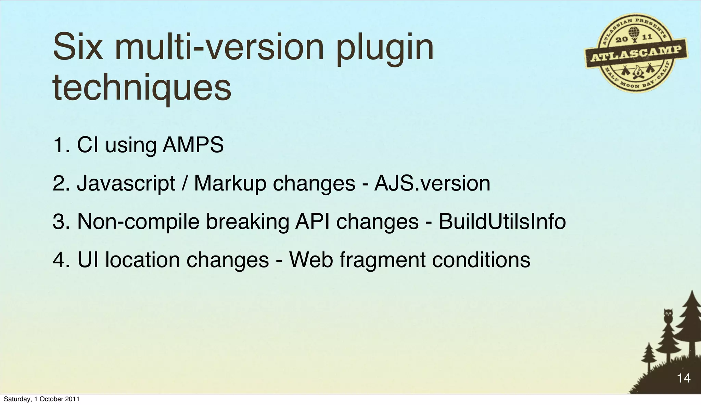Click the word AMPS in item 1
pos(193,145)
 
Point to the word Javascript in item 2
pos(126,183)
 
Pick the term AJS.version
pos(432,183)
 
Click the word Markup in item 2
pos(230,183)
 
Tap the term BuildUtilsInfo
pos(502,221)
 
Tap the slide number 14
pos(684,378)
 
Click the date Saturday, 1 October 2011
pos(41,399)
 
